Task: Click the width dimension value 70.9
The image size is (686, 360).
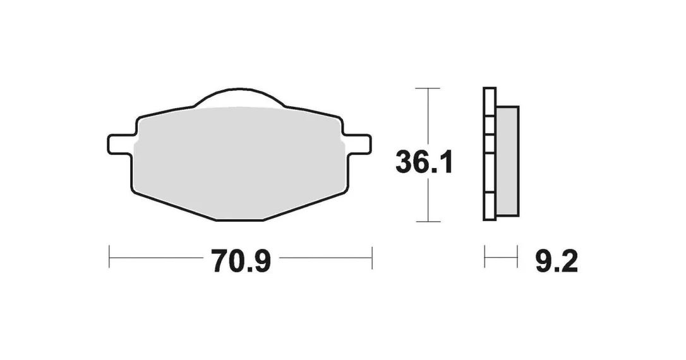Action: click(x=242, y=261)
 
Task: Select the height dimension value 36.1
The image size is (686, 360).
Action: click(x=423, y=162)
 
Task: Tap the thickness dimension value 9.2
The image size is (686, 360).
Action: click(x=557, y=261)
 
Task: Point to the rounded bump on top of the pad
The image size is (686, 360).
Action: click(x=239, y=95)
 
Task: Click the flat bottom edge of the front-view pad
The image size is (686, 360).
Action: click(x=240, y=220)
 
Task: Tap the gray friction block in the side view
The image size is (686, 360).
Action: click(x=507, y=161)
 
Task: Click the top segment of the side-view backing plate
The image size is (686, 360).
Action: click(x=490, y=102)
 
